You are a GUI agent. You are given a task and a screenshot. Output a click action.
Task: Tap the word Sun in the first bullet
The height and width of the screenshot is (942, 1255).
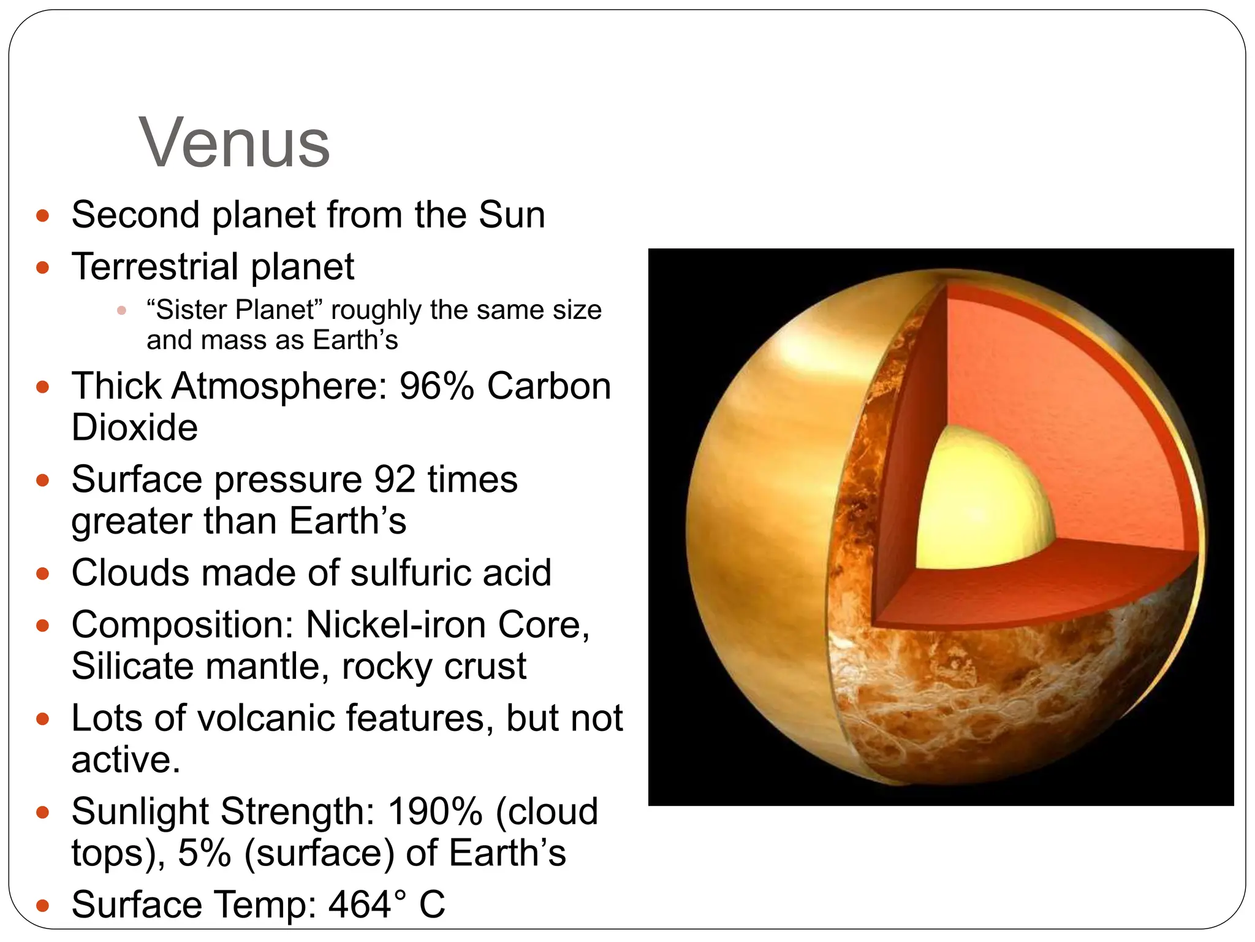512,215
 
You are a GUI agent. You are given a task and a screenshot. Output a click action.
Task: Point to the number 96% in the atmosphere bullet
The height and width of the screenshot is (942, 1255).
436,386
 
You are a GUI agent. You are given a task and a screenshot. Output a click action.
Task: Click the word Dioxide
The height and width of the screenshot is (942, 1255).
135,427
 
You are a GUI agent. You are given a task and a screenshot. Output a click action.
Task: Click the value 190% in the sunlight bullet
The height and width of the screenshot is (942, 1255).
435,812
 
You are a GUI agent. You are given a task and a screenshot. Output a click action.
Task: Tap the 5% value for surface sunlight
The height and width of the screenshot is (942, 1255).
205,854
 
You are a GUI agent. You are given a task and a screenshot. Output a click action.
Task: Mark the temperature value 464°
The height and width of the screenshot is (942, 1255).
367,905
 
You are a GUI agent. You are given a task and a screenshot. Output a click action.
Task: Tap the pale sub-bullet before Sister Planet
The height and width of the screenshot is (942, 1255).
121,310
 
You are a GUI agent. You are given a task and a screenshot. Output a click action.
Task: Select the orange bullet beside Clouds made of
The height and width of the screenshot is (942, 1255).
42,574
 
